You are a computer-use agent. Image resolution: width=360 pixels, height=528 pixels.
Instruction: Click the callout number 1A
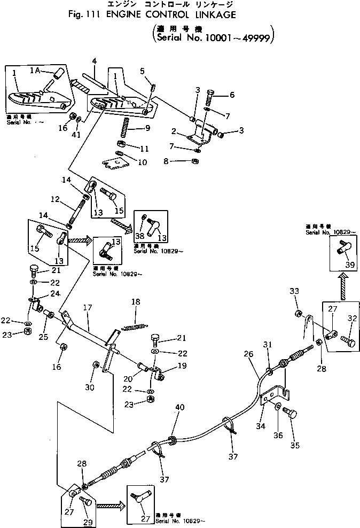pos(35,70)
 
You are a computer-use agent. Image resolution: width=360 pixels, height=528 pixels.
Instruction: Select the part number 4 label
pos(94,61)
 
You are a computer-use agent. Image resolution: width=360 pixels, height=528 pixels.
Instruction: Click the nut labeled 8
pos(197,161)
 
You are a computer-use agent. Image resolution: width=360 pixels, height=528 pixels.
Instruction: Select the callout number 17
pos(88,308)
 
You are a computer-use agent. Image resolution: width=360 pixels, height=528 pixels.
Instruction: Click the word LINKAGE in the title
pos(207,15)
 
